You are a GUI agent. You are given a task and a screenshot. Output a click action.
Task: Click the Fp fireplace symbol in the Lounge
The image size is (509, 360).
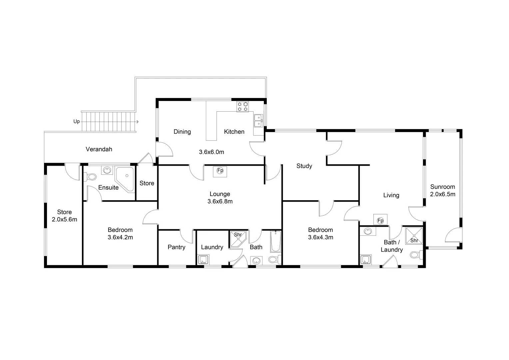pos(220,171)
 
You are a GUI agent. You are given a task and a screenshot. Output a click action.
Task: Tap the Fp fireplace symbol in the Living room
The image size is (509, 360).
pos(380,220)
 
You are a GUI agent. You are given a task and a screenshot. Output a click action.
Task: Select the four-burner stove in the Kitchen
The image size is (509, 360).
pos(243,106)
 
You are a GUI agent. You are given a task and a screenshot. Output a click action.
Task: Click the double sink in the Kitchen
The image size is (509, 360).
pos(258,120)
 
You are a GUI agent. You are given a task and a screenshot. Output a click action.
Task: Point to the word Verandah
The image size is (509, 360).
pos(99,149)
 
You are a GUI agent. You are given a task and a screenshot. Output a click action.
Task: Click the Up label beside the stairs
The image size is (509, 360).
pos(77,122)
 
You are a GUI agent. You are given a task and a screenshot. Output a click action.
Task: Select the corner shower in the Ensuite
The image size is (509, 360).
pos(125,179)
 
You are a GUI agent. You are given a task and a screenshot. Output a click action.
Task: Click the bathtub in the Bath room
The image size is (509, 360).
pos(276,242)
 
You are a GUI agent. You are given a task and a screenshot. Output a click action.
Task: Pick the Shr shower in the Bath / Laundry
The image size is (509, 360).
pos(414,236)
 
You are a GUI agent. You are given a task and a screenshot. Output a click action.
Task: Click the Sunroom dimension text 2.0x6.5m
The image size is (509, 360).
pos(442,194)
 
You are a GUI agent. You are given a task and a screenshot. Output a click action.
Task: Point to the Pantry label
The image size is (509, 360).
pos(176,247)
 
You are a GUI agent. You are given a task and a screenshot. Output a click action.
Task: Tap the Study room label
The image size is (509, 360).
pos(304,166)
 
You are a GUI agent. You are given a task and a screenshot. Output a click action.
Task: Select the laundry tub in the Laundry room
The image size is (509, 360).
pos(203,259)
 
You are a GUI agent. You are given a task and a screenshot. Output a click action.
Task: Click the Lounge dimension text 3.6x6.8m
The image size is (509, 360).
pos(220,201)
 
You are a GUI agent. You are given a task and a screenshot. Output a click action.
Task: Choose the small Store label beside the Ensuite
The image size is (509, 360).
pos(147,183)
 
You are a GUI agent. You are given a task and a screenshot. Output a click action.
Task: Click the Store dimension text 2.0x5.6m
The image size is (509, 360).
pos(64,219)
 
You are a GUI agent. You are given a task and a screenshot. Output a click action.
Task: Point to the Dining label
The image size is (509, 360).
pos(182,132)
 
